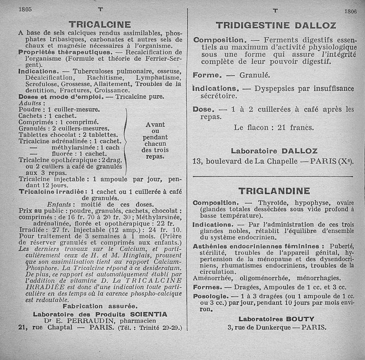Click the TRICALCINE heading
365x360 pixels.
pyautogui.click(x=99, y=24)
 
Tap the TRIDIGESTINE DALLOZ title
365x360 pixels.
pyautogui.click(x=276, y=26)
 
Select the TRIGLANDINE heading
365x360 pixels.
pyautogui.click(x=274, y=191)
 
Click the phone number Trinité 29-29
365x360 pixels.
pyautogui.click(x=163, y=328)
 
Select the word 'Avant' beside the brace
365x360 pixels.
pyautogui.click(x=155, y=124)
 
